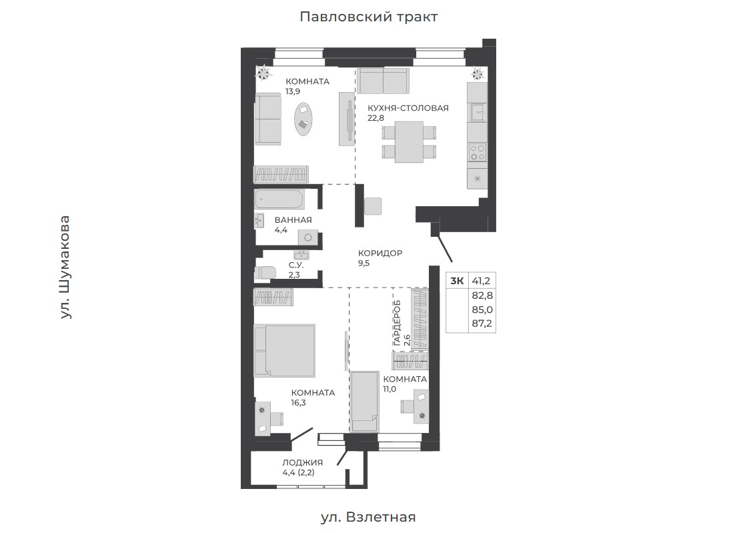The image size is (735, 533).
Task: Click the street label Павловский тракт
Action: (x=368, y=17)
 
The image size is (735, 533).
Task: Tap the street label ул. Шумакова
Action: (x=65, y=268)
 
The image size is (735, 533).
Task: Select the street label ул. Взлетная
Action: (x=368, y=517)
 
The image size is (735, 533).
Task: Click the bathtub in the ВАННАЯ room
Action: (x=279, y=199)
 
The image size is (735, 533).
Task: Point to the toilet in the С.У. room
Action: (x=265, y=273)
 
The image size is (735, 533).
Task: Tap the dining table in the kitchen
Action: (x=409, y=142)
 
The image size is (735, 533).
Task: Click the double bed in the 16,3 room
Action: (x=284, y=350)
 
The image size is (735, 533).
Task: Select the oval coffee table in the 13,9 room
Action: (x=303, y=119)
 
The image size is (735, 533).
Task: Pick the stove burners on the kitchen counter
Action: (x=478, y=152)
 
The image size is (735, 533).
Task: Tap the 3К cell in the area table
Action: (x=457, y=281)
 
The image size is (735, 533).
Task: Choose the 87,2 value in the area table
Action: (x=482, y=324)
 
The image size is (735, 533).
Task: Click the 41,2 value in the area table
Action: (x=481, y=281)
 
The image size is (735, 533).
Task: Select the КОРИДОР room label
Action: (x=380, y=253)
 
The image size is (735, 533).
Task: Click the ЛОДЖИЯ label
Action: (x=302, y=463)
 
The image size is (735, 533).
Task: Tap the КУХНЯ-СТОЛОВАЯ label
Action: (x=408, y=108)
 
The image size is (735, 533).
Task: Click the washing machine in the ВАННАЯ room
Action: (x=308, y=237)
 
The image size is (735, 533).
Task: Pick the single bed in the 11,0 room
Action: (x=365, y=402)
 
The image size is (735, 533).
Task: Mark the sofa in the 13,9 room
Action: (x=267, y=119)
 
